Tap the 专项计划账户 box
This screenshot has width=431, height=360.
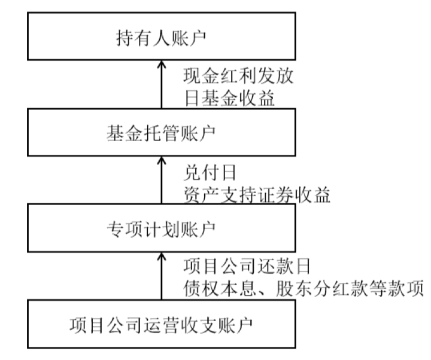[x=161, y=229]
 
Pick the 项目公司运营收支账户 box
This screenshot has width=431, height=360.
[x=161, y=324]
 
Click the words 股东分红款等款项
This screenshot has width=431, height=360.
[x=347, y=288]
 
